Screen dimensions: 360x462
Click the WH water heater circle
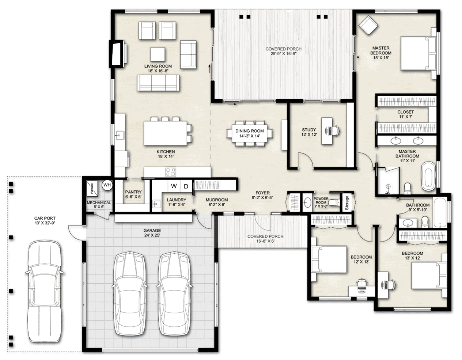[x=107, y=185]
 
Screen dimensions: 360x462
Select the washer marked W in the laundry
[x=174, y=186]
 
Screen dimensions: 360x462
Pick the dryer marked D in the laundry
[x=186, y=186]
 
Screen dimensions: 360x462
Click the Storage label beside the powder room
[x=347, y=203]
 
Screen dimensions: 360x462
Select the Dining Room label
[x=250, y=133]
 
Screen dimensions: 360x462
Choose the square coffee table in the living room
[x=158, y=54]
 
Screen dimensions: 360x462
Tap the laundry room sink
[x=157, y=204]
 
